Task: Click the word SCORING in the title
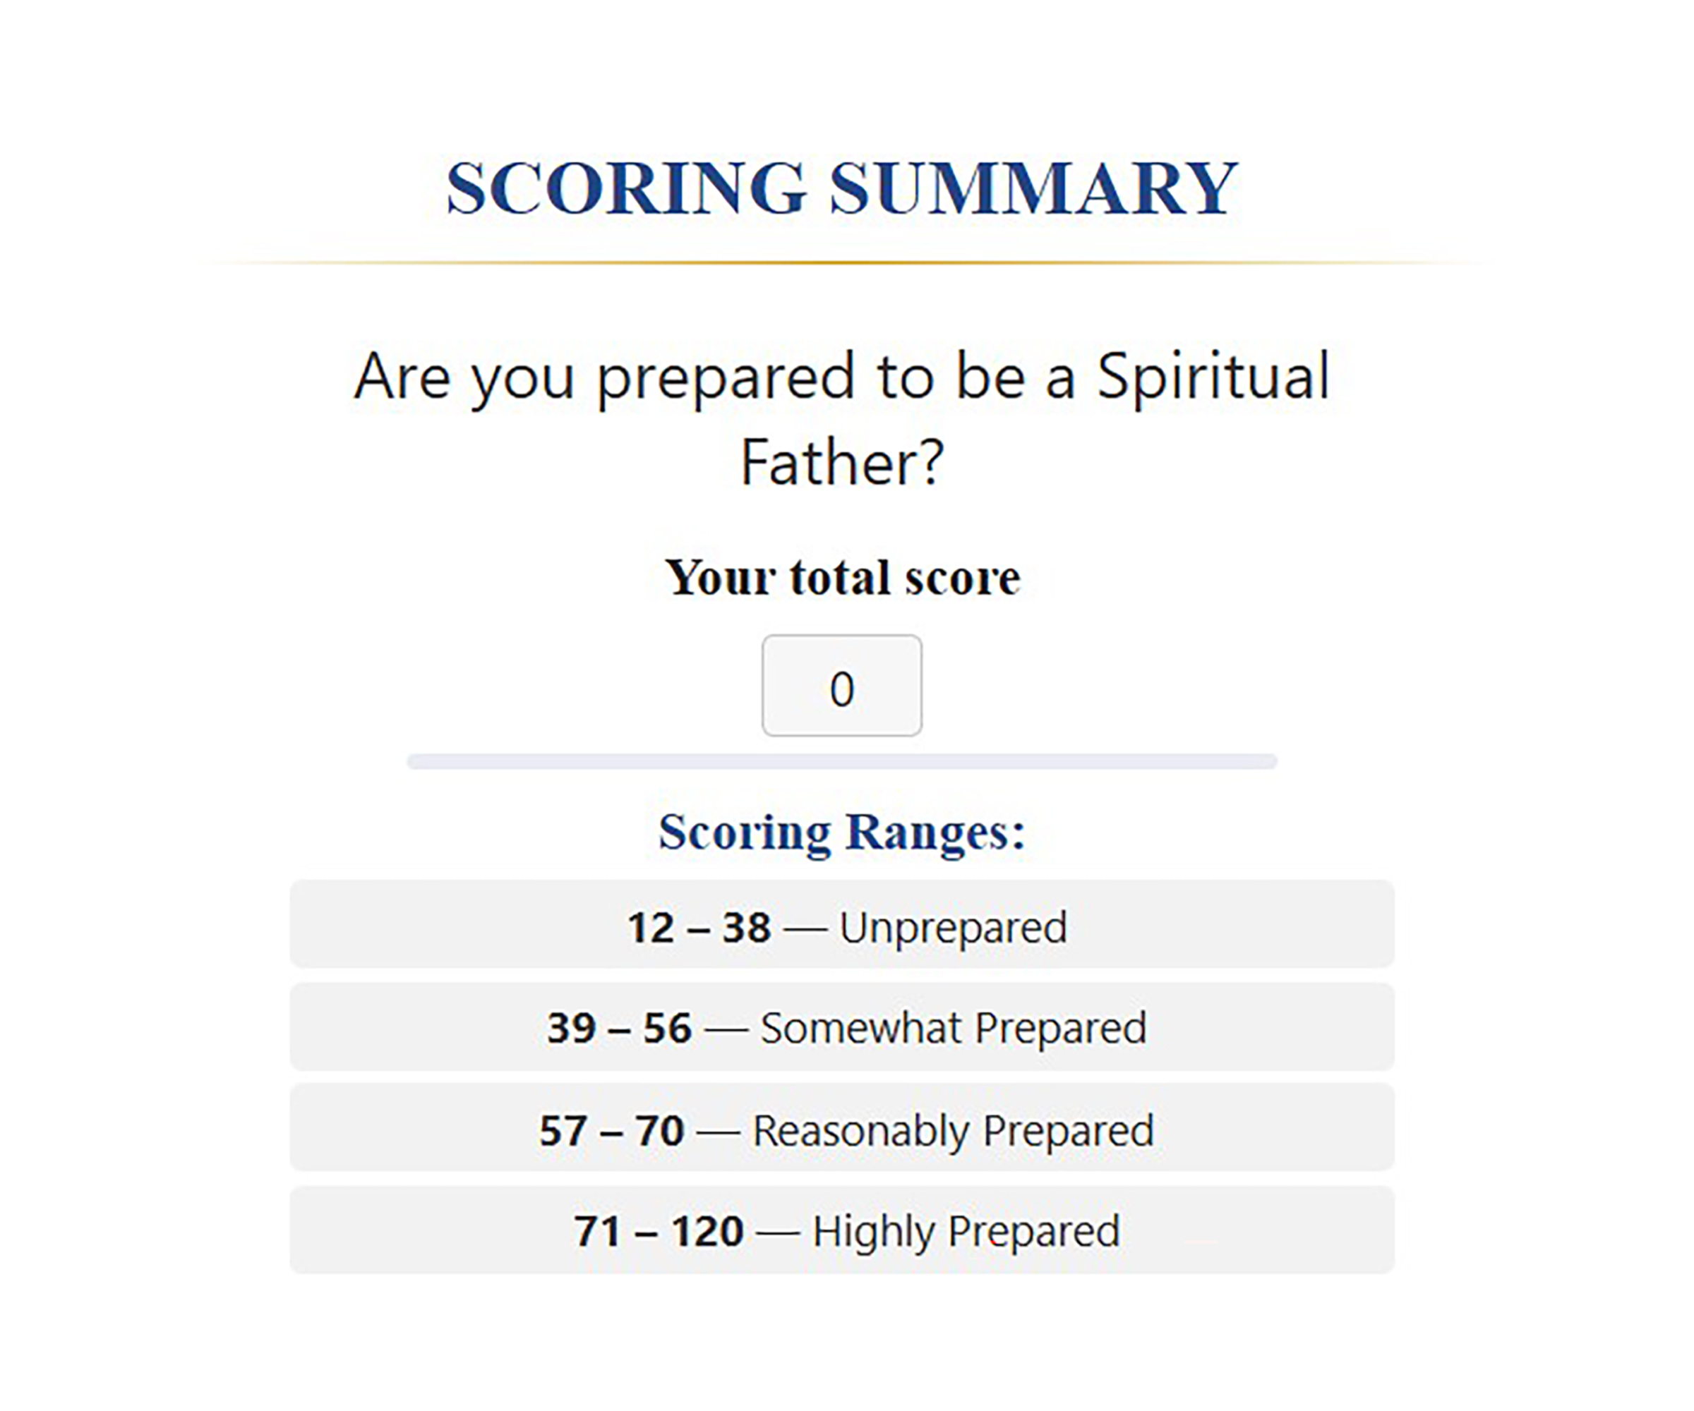point(627,188)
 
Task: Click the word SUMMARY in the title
point(1033,188)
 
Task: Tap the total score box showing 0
point(841,685)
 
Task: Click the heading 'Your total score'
point(843,577)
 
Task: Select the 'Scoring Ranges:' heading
point(842,831)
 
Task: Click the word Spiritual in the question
point(1213,377)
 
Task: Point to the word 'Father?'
point(842,463)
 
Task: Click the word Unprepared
point(954,928)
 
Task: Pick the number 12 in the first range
point(651,927)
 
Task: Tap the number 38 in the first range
point(746,927)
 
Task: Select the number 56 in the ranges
point(667,1028)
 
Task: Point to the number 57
point(563,1130)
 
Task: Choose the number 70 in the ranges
point(659,1130)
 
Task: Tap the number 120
point(707,1231)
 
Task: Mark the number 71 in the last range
point(598,1231)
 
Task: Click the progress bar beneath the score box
point(842,762)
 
